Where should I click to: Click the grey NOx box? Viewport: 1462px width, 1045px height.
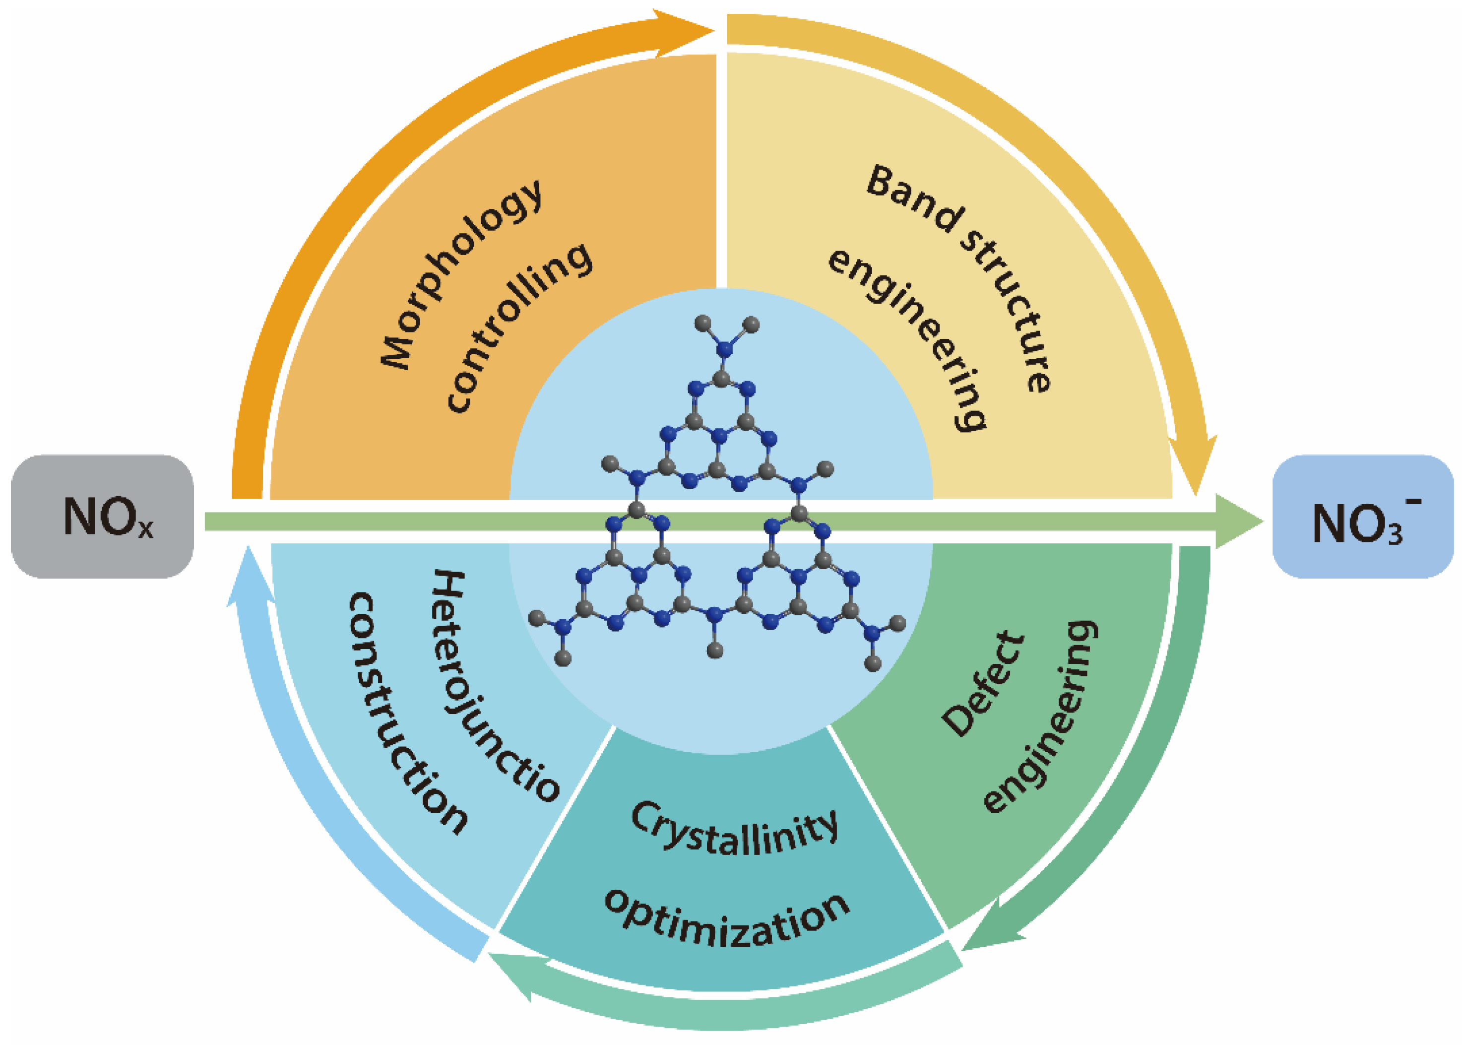point(102,516)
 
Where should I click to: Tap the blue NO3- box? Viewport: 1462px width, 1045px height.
point(1362,516)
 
